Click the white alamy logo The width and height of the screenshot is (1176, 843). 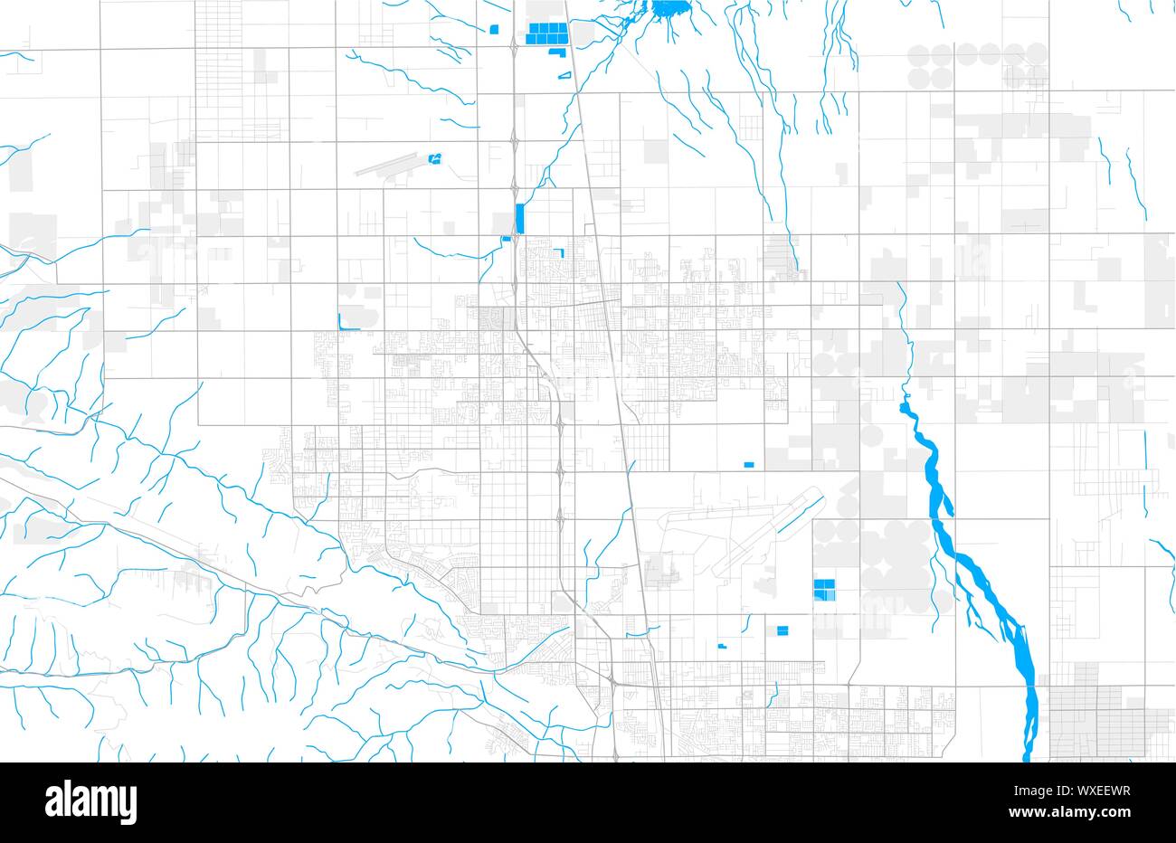(90, 801)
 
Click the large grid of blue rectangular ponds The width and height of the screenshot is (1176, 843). (546, 33)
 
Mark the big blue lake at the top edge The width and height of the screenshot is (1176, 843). (670, 10)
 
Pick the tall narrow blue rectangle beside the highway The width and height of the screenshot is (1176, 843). (519, 219)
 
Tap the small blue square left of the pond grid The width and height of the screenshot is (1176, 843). (494, 29)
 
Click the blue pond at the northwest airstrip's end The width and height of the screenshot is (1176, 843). (436, 159)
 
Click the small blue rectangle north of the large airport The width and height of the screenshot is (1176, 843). (748, 465)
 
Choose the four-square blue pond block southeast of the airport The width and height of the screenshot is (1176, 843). (824, 591)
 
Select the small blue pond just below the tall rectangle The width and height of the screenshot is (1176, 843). (506, 239)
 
